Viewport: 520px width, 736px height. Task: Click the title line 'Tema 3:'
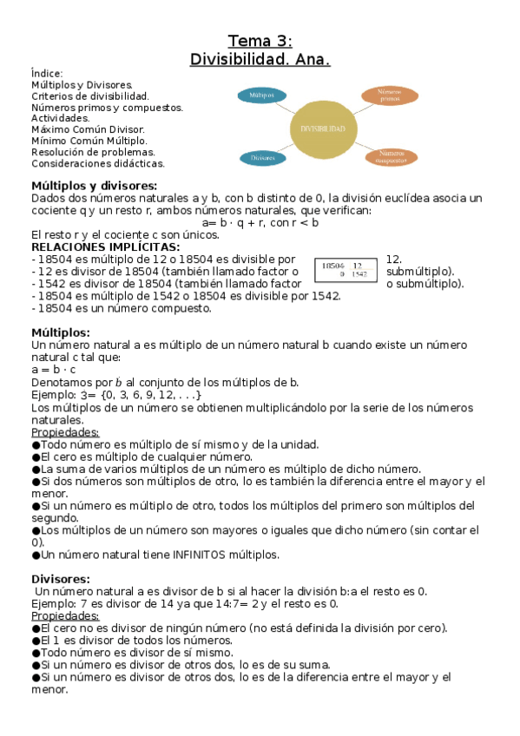(260, 41)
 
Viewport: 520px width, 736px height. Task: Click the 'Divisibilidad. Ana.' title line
(260, 60)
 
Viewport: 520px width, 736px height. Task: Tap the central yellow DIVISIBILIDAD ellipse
(323, 128)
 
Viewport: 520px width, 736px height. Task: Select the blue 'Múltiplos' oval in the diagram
(261, 95)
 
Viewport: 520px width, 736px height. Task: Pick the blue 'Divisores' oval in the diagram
(262, 159)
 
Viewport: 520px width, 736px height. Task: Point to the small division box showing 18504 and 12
(345, 270)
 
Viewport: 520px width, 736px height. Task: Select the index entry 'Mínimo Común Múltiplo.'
(89, 141)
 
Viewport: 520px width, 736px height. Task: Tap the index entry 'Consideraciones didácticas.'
(98, 163)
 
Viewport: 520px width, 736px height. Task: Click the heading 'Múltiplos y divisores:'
(94, 186)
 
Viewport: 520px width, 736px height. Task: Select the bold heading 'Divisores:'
(61, 579)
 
